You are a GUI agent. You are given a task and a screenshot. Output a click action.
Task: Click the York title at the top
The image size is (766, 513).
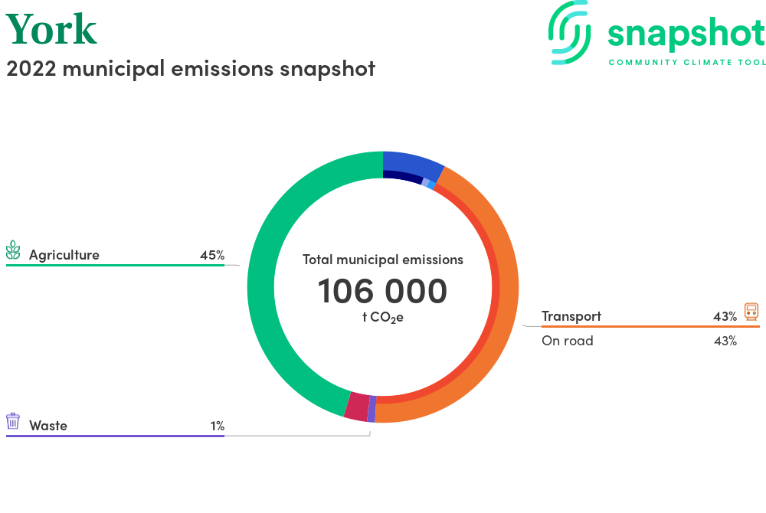tap(51, 29)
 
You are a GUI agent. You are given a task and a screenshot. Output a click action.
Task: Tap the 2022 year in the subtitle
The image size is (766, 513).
tap(31, 69)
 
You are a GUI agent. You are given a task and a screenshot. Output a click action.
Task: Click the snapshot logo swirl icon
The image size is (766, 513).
tap(569, 32)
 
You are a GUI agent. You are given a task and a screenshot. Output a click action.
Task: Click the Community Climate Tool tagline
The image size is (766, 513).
tap(687, 63)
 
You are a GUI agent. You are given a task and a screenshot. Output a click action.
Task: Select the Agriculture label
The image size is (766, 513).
tap(64, 255)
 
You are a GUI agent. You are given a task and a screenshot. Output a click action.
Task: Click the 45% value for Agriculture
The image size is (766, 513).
tap(212, 255)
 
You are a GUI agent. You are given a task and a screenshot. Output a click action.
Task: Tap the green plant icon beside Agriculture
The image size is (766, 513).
tap(13, 250)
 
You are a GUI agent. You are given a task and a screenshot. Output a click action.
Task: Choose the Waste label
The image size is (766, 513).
tap(47, 426)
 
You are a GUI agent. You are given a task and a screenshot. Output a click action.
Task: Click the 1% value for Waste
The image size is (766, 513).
tap(218, 426)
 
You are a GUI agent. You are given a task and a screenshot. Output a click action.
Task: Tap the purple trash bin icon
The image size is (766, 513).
tap(13, 421)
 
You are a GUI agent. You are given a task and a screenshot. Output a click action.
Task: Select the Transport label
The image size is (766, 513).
tap(571, 316)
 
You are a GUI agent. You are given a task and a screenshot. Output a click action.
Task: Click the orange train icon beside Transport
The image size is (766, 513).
tap(751, 312)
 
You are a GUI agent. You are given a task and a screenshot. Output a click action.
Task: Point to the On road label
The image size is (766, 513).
tap(567, 341)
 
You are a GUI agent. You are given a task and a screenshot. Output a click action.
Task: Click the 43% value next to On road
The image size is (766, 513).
tap(725, 341)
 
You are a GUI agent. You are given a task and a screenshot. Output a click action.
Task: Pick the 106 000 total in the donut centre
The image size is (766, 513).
tap(382, 291)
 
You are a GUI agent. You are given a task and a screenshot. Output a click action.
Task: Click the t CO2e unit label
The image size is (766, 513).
tap(382, 317)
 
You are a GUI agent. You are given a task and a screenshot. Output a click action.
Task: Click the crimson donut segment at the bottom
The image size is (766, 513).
tap(357, 407)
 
